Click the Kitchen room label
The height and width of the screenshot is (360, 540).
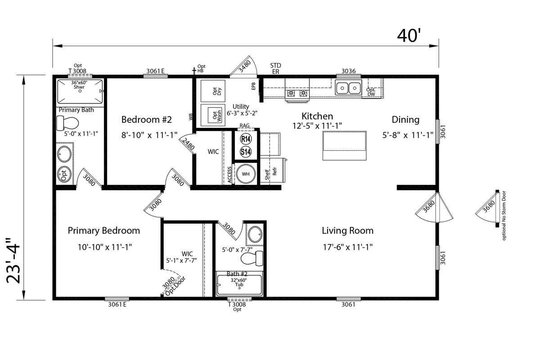pyautogui.click(x=317, y=116)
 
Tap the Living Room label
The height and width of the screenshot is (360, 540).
pyautogui.click(x=347, y=231)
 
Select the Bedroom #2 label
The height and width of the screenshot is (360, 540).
pyautogui.click(x=147, y=120)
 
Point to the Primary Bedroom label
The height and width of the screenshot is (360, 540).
pyautogui.click(x=104, y=231)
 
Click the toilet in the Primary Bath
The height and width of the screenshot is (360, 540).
pyautogui.click(x=67, y=123)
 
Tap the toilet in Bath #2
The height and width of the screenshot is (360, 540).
pyautogui.click(x=252, y=258)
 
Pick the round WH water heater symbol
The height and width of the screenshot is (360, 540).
pyautogui.click(x=246, y=174)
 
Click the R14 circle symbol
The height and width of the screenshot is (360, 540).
pyautogui.click(x=246, y=139)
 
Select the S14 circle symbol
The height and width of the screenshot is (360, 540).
pyautogui.click(x=246, y=152)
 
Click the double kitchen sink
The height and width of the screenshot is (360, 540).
pyautogui.click(x=348, y=88)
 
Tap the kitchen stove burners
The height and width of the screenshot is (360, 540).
pyautogui.click(x=297, y=93)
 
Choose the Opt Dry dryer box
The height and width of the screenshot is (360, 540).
pyautogui.click(x=213, y=91)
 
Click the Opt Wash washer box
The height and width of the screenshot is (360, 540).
pyautogui.click(x=213, y=115)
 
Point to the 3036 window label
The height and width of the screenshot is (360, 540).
pyautogui.click(x=349, y=71)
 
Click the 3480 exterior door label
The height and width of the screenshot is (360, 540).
pyautogui.click(x=245, y=67)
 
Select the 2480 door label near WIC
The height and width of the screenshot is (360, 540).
pyautogui.click(x=188, y=144)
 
